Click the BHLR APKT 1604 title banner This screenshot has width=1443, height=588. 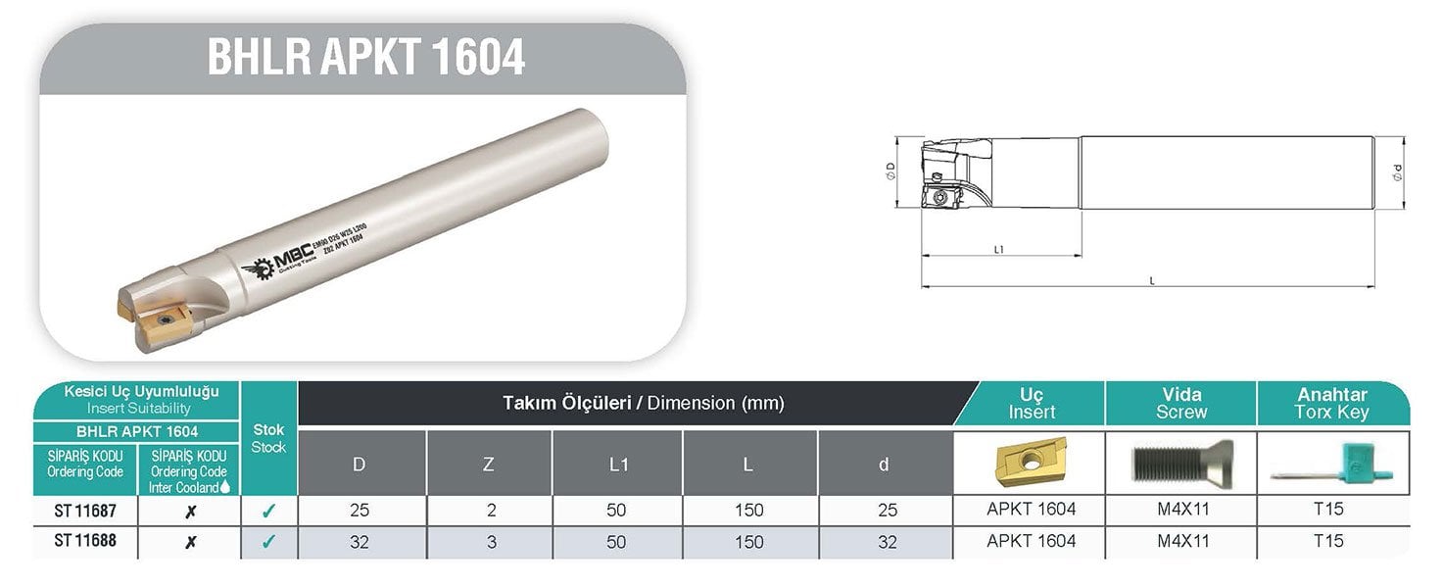[x=365, y=58]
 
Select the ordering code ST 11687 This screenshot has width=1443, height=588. [x=85, y=510]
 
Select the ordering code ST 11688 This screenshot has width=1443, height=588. [x=85, y=541]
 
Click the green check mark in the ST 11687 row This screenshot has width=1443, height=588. [x=268, y=510]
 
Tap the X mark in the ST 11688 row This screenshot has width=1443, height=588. [x=190, y=542]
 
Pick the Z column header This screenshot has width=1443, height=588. [x=489, y=464]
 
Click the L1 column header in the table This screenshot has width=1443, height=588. [x=618, y=464]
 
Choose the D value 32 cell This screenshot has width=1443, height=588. [x=360, y=542]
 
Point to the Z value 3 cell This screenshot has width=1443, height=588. [x=489, y=542]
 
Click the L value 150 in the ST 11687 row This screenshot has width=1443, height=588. [x=748, y=510]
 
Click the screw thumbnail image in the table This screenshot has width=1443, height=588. [x=1179, y=463]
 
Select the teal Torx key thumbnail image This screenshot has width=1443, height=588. [x=1332, y=463]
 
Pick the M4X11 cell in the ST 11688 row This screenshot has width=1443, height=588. [x=1180, y=541]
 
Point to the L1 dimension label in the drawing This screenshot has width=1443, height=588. [x=998, y=250]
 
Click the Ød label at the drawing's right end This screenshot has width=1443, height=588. [x=1398, y=173]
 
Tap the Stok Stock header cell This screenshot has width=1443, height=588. [x=268, y=438]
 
